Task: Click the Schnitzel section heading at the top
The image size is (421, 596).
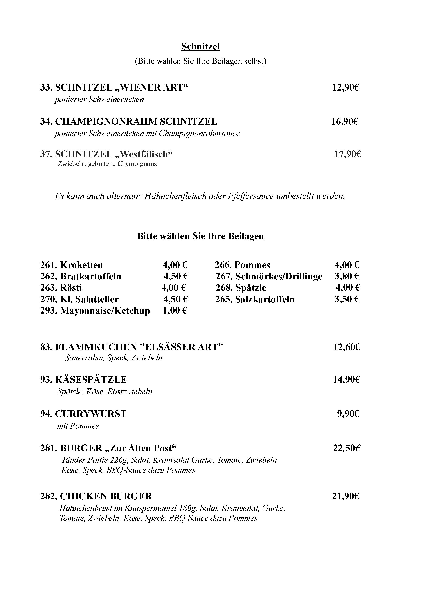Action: pyautogui.click(x=200, y=47)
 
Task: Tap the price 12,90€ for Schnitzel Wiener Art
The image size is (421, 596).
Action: pyautogui.click(x=345, y=87)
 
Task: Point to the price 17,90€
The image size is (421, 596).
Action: pyautogui.click(x=347, y=154)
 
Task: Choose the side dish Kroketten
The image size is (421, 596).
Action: pyautogui.click(x=81, y=265)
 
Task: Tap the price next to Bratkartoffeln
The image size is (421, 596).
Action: pyautogui.click(x=176, y=276)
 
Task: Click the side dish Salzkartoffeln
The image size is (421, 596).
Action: pyautogui.click(x=265, y=299)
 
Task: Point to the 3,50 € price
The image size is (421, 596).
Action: pyautogui.click(x=346, y=299)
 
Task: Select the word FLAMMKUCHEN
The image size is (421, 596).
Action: pyautogui.click(x=96, y=347)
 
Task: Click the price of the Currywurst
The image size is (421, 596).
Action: pyautogui.click(x=348, y=414)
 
